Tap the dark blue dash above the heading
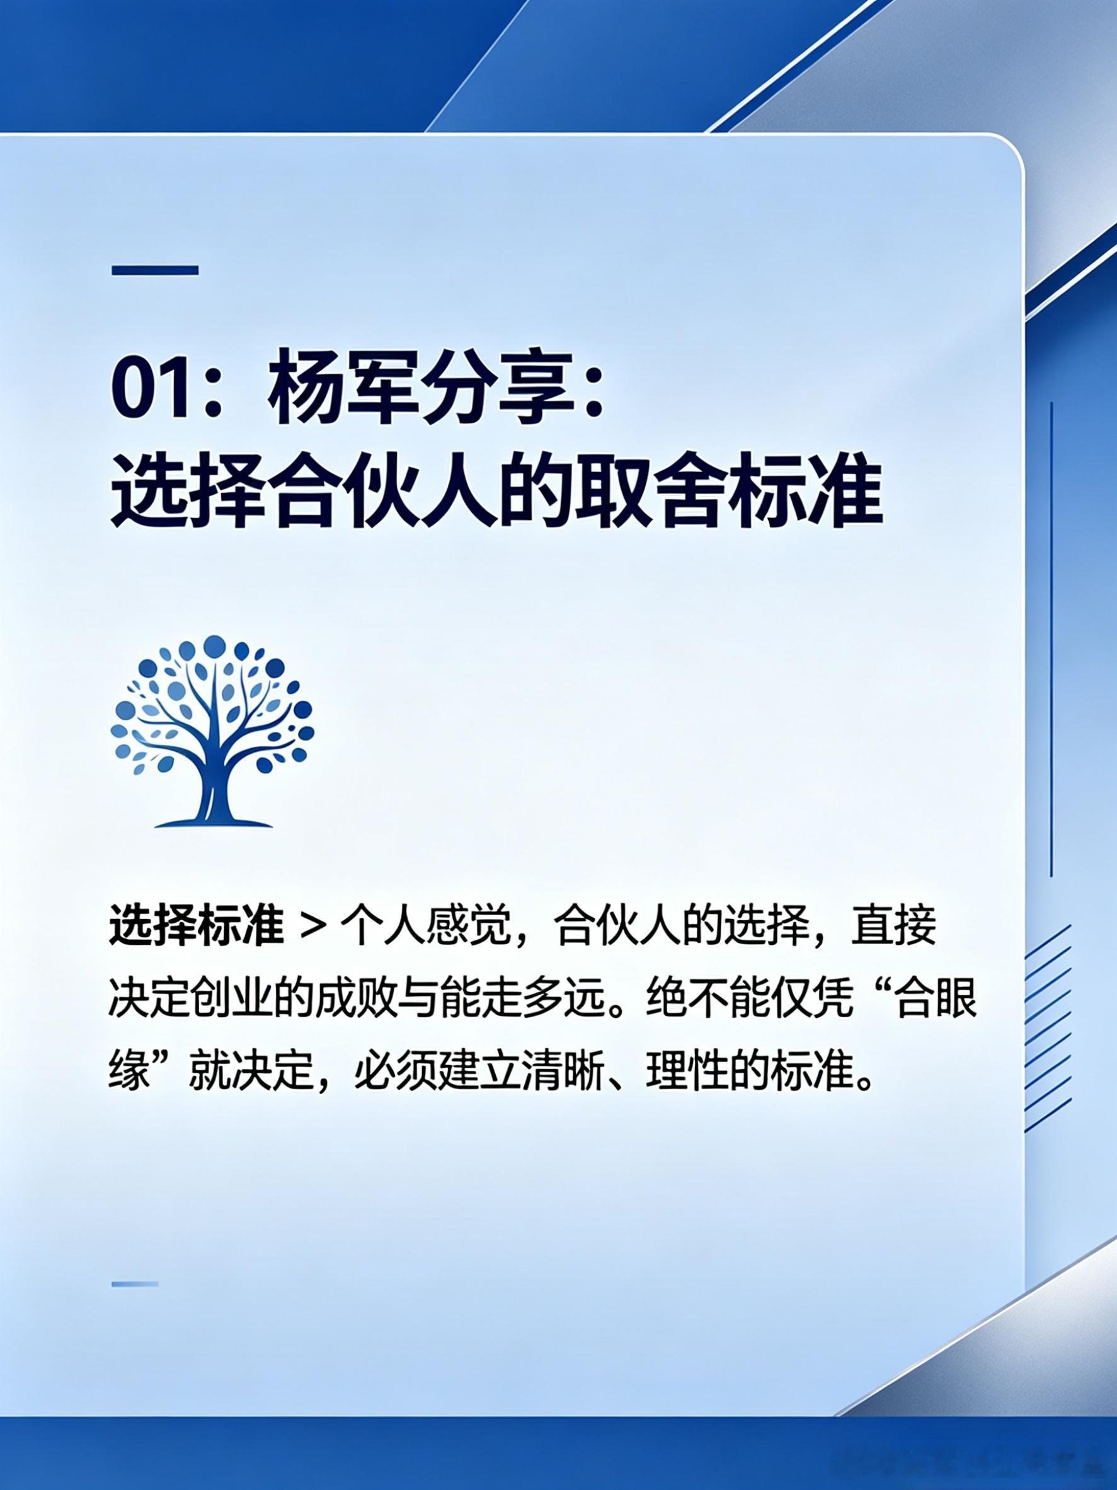[155, 271]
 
